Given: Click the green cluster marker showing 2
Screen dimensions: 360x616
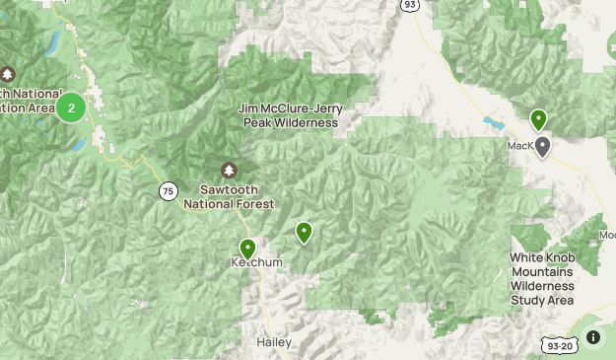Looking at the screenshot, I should (71, 108).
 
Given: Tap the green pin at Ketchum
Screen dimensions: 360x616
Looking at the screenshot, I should (247, 249).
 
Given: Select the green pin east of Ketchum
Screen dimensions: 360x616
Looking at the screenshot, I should (305, 232).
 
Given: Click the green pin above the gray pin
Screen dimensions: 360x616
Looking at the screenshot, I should (538, 119).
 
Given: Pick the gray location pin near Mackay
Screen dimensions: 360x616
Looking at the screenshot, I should (542, 146).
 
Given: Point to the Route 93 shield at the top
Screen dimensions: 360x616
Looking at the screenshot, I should (407, 5).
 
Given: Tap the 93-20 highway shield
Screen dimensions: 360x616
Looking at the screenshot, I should (558, 344).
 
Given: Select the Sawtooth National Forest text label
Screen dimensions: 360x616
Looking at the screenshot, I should (229, 195).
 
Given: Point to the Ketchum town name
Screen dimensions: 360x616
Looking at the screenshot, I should (258, 263).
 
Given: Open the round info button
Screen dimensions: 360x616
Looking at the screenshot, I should (593, 337).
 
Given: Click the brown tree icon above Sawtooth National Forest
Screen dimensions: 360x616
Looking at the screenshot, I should (230, 171).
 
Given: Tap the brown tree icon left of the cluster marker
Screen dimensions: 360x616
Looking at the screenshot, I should (8, 74).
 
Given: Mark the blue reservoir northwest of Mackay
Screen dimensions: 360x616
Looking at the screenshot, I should (491, 124).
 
